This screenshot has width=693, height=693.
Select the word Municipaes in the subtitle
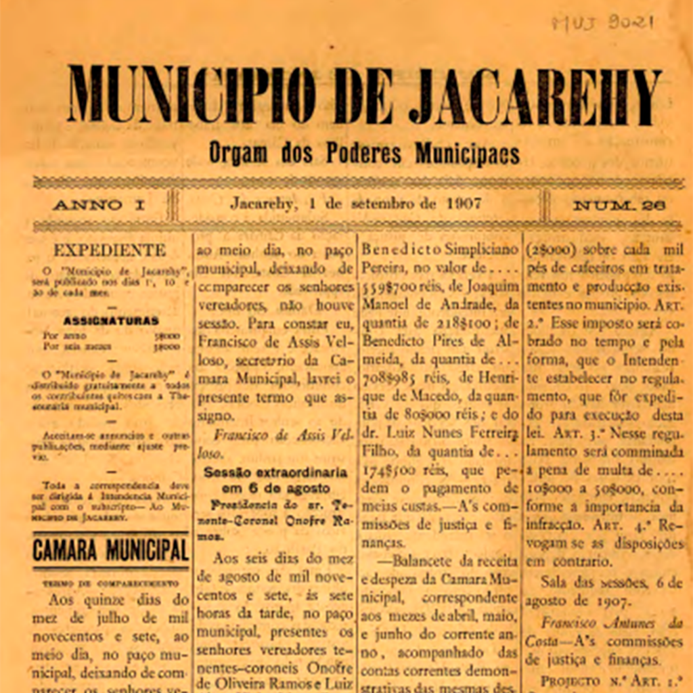click(x=467, y=154)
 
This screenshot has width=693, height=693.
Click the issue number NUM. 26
click(x=619, y=205)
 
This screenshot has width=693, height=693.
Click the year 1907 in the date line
click(x=464, y=204)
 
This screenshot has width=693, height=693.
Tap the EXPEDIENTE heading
click(x=110, y=250)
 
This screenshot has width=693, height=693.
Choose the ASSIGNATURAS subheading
click(x=111, y=320)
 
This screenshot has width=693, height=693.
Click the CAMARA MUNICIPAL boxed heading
click(x=111, y=550)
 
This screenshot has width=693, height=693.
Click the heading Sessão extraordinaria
click(x=276, y=472)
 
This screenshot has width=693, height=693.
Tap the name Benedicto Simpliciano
click(x=440, y=250)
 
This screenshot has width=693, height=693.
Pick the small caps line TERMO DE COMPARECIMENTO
click(x=111, y=583)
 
